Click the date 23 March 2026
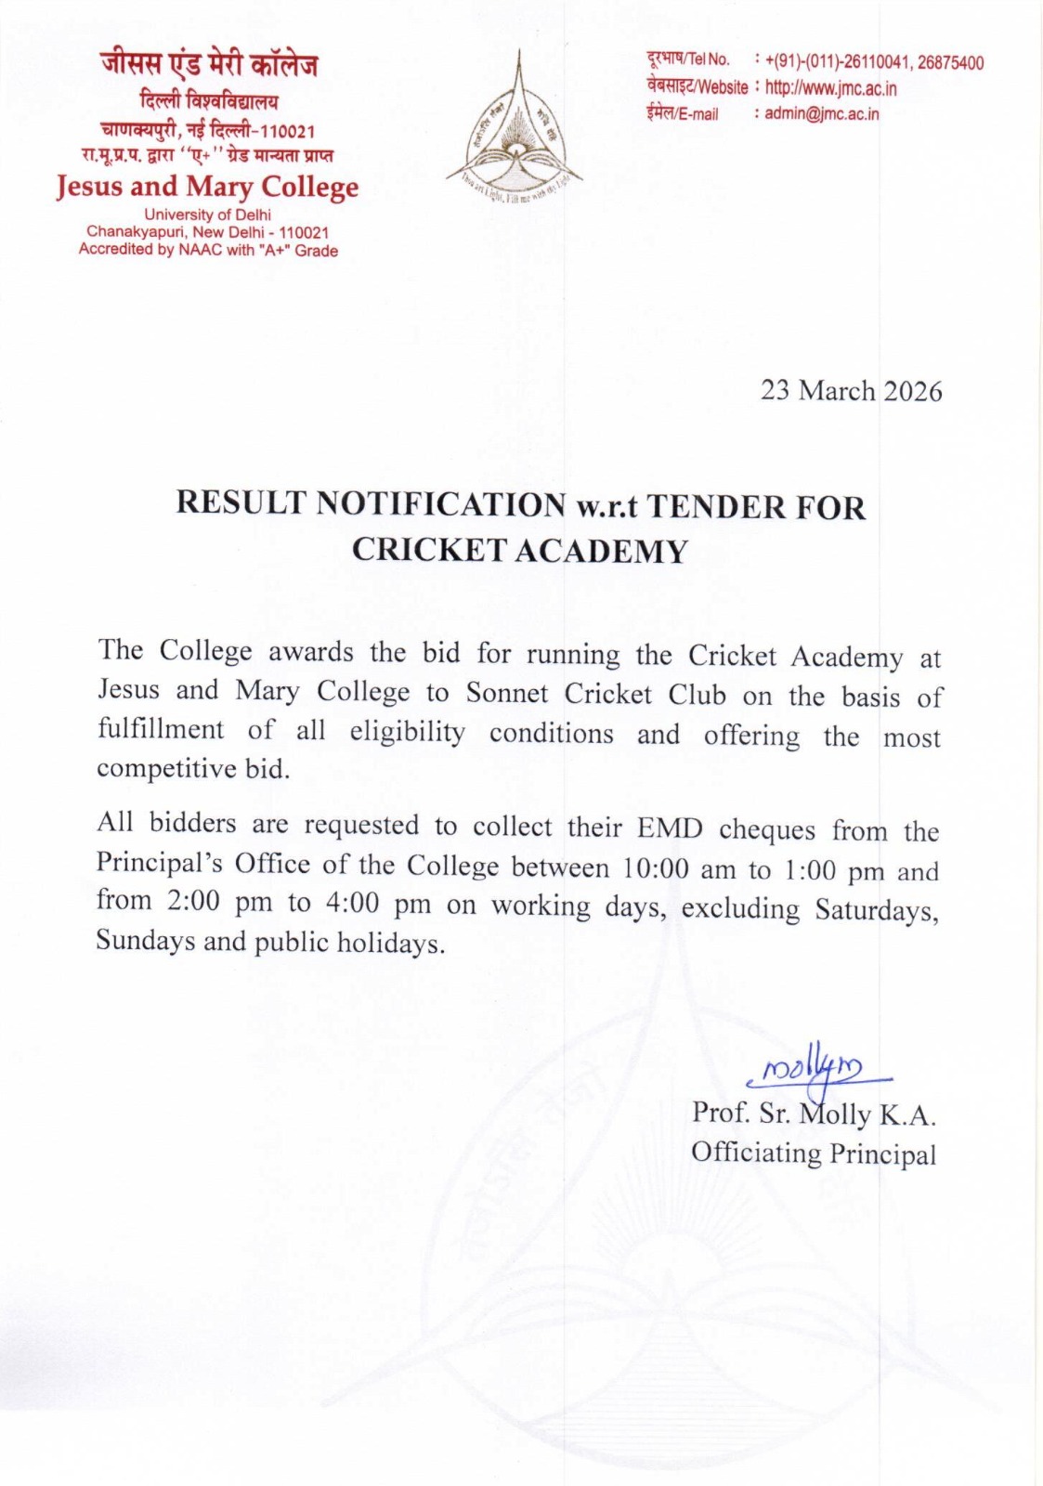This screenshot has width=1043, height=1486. (x=851, y=391)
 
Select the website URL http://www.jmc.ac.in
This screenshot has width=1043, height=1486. (x=830, y=88)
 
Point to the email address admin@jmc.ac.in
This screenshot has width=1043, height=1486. (x=821, y=114)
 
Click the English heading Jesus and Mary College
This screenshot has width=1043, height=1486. (x=207, y=187)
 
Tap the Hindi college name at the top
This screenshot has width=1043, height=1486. (x=209, y=65)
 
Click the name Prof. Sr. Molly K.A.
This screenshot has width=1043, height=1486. (x=813, y=1114)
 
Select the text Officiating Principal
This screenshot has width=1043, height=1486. (x=813, y=1154)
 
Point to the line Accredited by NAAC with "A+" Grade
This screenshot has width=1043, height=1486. (x=208, y=251)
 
